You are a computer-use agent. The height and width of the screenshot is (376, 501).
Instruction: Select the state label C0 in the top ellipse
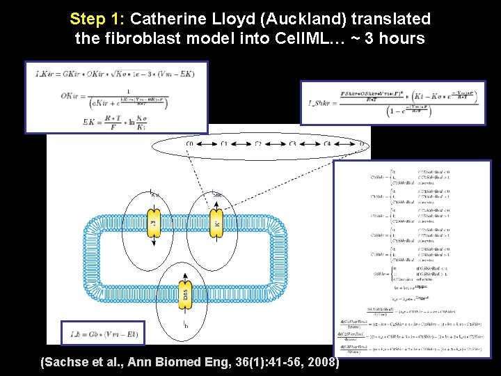pyautogui.click(x=190, y=144)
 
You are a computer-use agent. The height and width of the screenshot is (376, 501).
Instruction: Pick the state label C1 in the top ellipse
pyautogui.click(x=224, y=144)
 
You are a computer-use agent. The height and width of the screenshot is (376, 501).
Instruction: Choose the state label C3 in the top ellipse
pyautogui.click(x=292, y=144)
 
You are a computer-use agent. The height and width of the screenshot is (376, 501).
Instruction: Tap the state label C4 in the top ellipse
pyautogui.click(x=326, y=144)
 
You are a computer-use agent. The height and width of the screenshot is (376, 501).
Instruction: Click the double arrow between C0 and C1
pyautogui.click(x=207, y=144)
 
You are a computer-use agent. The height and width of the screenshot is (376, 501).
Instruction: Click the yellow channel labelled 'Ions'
pyautogui.click(x=184, y=295)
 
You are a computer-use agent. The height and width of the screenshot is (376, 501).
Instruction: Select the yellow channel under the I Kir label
pyautogui.click(x=154, y=224)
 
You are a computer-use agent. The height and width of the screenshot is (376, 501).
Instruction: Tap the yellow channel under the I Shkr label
pyautogui.click(x=216, y=224)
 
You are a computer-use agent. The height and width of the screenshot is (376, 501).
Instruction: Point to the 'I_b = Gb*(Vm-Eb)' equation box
pyautogui.click(x=103, y=334)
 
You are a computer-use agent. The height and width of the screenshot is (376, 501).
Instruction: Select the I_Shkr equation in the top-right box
pyautogui.click(x=392, y=102)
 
